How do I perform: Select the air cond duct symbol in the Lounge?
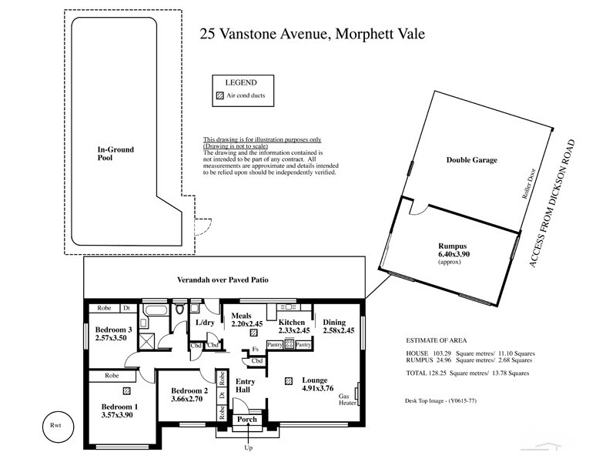coord(289,380)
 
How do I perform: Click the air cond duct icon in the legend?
coord(219,96)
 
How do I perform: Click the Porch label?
coord(247,420)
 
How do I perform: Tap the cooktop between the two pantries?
coord(290,345)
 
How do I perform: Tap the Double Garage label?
coord(472,160)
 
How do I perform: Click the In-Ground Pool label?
coord(112,153)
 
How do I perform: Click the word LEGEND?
coord(240,82)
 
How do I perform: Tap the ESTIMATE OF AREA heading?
coord(437,340)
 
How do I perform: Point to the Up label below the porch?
coord(247,447)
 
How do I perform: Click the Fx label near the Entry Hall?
coord(255,349)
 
